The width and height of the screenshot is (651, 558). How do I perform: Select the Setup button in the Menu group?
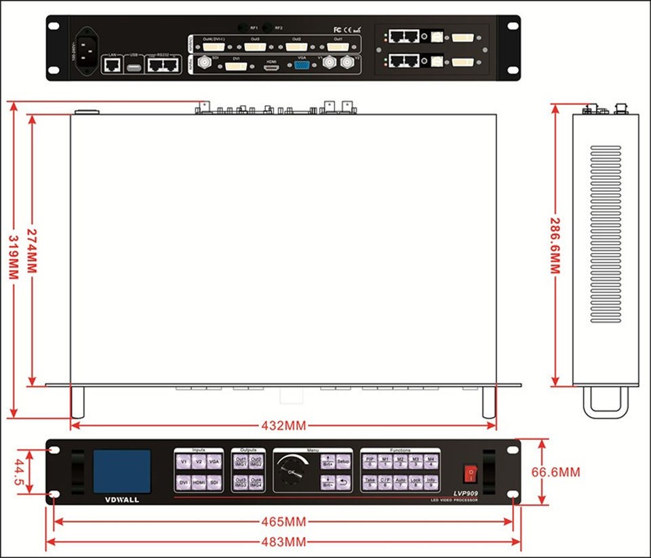tap(343, 462)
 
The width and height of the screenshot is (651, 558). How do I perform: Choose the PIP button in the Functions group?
tap(370, 462)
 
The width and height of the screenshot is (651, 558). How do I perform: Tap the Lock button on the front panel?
tap(416, 482)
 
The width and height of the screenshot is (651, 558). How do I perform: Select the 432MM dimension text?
tap(283, 426)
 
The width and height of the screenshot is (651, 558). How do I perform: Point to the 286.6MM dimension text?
tap(555, 245)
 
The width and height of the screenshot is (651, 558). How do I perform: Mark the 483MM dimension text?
tap(283, 542)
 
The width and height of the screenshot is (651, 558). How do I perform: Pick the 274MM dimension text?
tap(31, 245)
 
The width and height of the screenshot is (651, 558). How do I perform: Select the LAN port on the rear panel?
tap(113, 65)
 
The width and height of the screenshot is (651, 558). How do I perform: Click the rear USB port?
tap(134, 66)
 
